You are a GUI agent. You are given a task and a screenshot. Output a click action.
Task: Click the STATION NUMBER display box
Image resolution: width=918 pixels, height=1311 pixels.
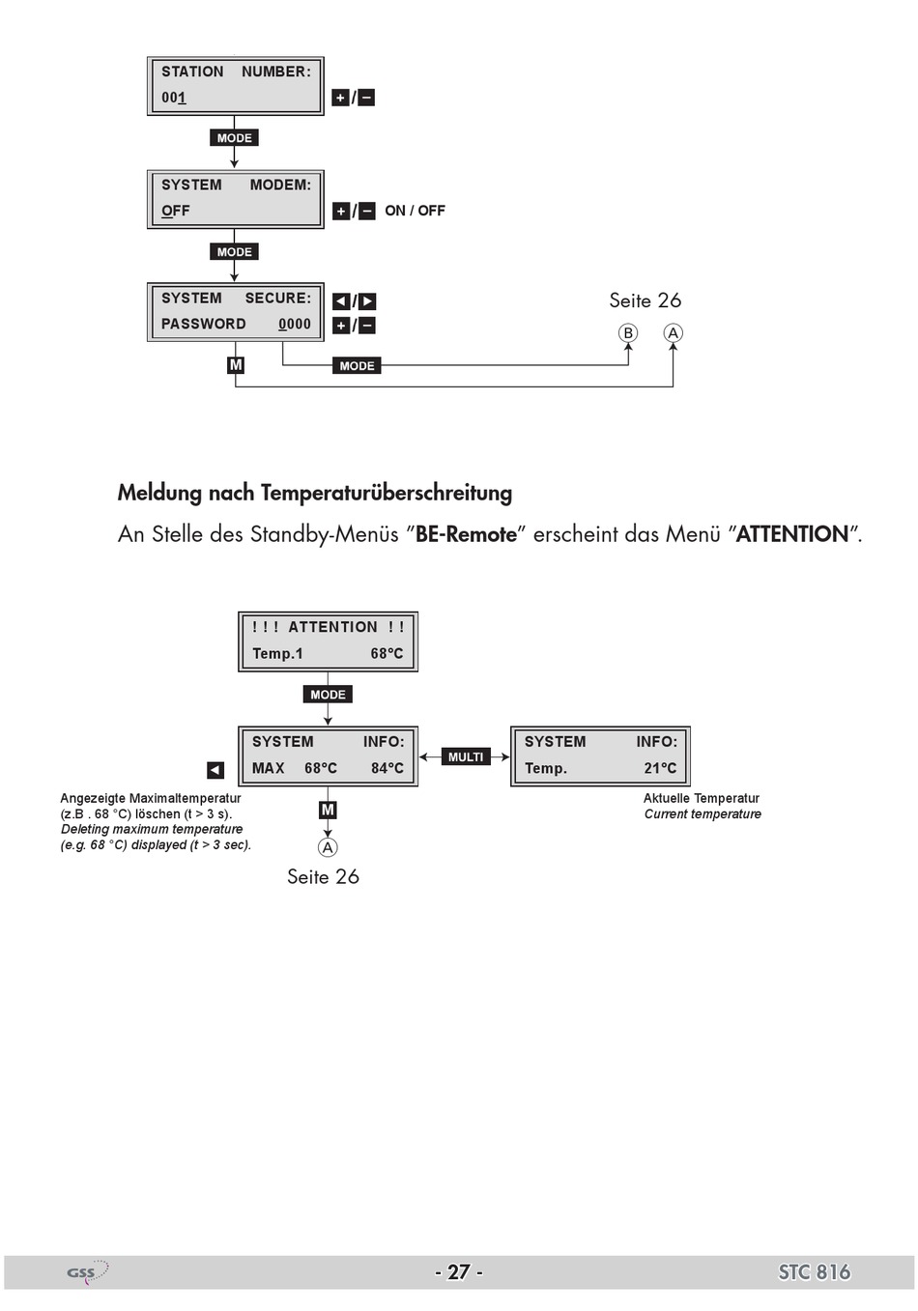(x=235, y=85)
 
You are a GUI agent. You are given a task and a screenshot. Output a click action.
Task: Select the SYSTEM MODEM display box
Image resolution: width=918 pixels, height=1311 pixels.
(x=235, y=198)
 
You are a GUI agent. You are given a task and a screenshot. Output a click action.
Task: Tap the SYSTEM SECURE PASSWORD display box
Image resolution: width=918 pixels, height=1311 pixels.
(x=235, y=311)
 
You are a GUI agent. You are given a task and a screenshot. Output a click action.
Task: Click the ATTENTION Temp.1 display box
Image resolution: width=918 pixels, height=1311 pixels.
(x=328, y=641)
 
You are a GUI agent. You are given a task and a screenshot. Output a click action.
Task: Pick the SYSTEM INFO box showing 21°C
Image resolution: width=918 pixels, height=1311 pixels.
(x=600, y=755)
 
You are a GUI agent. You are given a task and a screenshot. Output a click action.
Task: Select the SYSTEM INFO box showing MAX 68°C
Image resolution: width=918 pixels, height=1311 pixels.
(x=328, y=755)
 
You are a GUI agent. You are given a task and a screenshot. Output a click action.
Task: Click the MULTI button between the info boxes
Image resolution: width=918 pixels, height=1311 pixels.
(x=465, y=756)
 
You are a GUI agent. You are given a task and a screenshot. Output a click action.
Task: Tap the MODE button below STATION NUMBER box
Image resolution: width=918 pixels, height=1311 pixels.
(x=234, y=138)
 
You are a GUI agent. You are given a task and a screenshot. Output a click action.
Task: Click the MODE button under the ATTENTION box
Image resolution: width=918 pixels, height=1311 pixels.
(x=328, y=695)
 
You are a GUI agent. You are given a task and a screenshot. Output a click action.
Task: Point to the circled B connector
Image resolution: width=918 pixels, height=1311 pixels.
(x=628, y=333)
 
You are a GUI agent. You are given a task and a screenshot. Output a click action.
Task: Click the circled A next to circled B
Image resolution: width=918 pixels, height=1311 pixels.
(x=673, y=333)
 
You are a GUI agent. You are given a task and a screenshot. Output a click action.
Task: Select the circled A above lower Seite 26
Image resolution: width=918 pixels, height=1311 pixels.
(x=328, y=847)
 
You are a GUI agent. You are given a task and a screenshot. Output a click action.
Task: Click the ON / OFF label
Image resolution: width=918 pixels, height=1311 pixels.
(x=415, y=211)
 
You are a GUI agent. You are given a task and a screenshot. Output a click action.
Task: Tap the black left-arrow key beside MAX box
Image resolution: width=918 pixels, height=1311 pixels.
(x=215, y=770)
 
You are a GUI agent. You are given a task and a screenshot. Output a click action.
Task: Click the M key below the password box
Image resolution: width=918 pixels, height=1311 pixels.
(x=236, y=365)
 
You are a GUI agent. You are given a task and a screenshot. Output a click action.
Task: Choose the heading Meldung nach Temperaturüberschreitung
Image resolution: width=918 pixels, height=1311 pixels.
(x=315, y=493)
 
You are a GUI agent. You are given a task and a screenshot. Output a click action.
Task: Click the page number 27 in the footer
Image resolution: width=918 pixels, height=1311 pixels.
(x=459, y=1271)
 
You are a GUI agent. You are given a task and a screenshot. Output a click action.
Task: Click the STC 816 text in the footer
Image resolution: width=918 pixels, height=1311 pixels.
(x=814, y=1271)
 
